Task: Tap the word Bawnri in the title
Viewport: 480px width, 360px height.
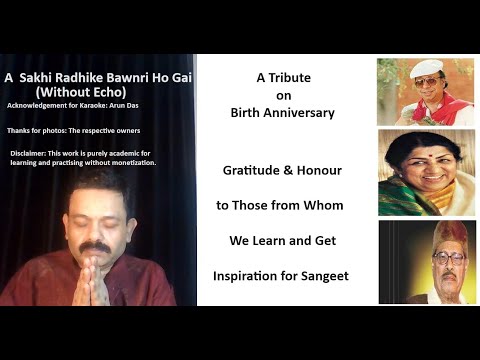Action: [x=126, y=76]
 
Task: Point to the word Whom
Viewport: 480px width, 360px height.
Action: [x=326, y=205]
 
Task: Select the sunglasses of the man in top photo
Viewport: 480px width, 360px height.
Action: [x=418, y=82]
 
